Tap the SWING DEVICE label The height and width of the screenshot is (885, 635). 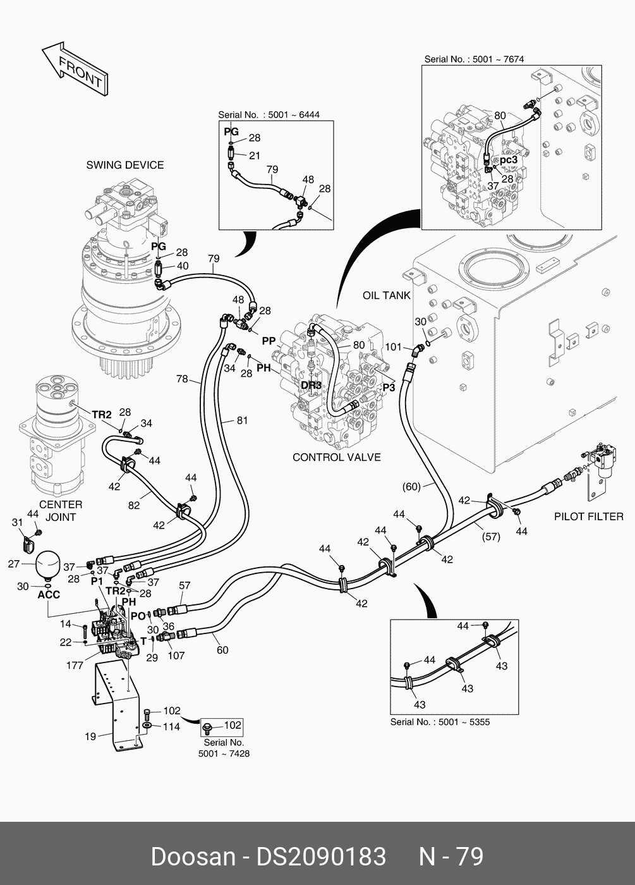(x=125, y=165)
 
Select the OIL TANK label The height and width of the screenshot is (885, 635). (x=387, y=295)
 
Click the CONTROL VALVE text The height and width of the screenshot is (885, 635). (x=337, y=457)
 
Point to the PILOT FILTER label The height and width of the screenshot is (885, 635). (x=588, y=516)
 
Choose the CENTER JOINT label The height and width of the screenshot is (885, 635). (x=61, y=511)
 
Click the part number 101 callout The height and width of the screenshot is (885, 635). (x=393, y=346)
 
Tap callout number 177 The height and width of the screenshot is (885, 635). (x=75, y=665)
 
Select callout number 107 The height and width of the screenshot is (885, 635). (x=176, y=656)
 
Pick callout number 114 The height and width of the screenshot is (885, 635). (x=171, y=727)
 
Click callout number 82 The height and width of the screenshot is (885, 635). (x=134, y=505)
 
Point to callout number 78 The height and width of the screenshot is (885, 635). (x=182, y=379)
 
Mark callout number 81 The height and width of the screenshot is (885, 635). (x=243, y=420)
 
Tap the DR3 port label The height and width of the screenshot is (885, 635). (x=311, y=385)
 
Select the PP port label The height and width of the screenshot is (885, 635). (x=269, y=341)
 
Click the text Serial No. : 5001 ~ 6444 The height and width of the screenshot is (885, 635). (x=269, y=114)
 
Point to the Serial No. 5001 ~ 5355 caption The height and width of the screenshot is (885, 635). (x=440, y=722)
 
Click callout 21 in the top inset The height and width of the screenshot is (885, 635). (x=255, y=155)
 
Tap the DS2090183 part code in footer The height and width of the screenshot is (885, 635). (x=320, y=857)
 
